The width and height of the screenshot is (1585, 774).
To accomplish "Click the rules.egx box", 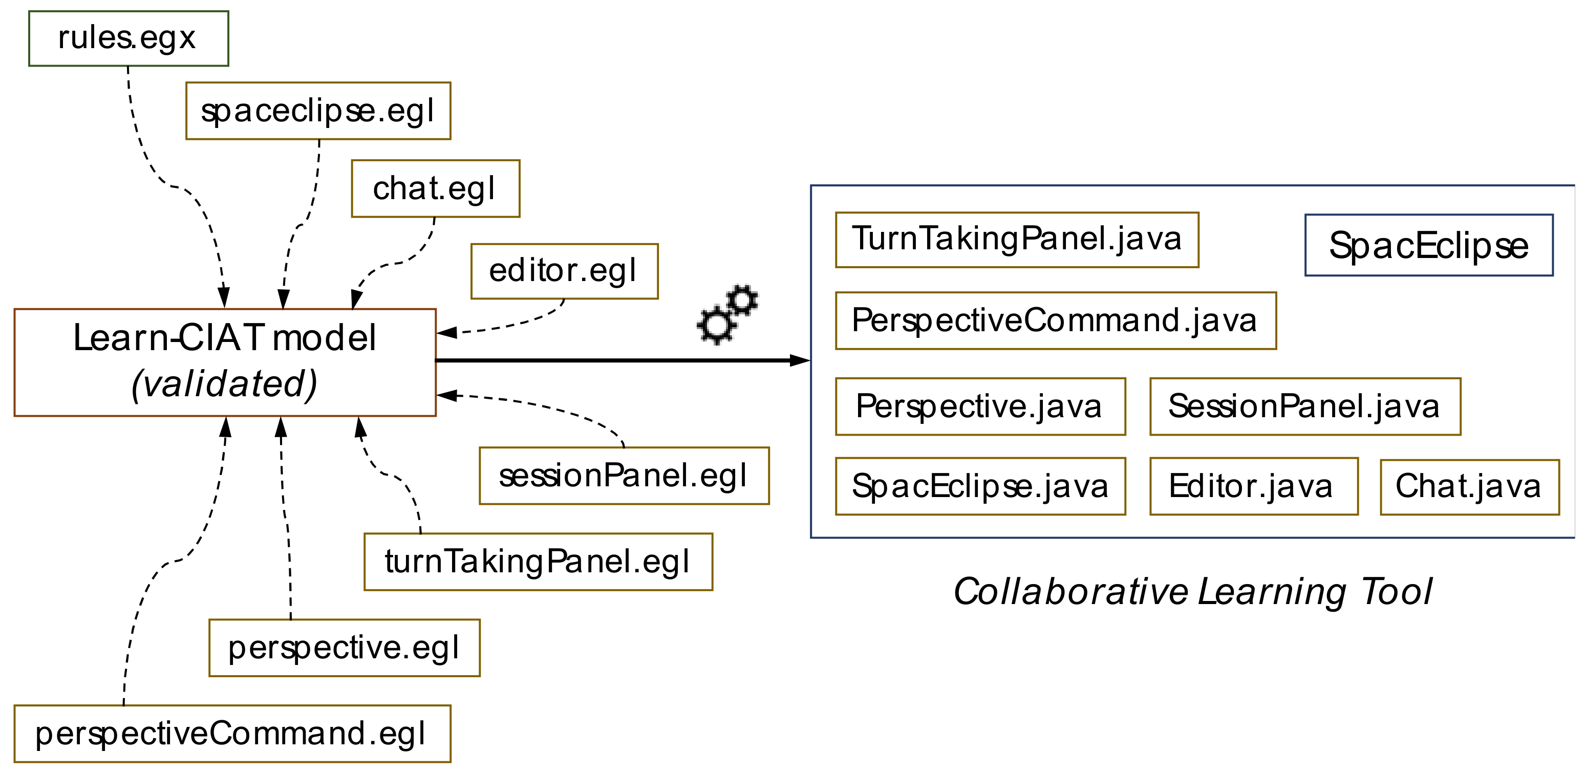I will pyautogui.click(x=128, y=38).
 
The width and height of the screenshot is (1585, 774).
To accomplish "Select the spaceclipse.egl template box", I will pyautogui.click(x=318, y=111).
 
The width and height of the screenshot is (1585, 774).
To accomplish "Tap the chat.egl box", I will pyautogui.click(x=435, y=188).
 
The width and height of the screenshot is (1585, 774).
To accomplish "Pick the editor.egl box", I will pyautogui.click(x=564, y=271).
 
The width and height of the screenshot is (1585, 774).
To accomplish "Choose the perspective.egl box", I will pyautogui.click(x=344, y=648).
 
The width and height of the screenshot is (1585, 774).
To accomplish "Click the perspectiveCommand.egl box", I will pyautogui.click(x=231, y=734).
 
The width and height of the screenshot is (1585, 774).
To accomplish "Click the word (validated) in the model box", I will pyautogui.click(x=225, y=384).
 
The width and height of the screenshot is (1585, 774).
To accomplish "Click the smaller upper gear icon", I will pyautogui.click(x=743, y=300).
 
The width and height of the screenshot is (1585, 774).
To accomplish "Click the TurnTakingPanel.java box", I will pyautogui.click(x=1016, y=240).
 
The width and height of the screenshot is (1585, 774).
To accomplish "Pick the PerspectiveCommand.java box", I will pyautogui.click(x=1055, y=320).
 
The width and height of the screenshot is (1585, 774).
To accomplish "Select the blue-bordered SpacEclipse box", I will pyautogui.click(x=1428, y=245).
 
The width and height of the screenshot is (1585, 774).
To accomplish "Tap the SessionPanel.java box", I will pyautogui.click(x=1304, y=406).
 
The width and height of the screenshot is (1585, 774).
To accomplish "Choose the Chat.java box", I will pyautogui.click(x=1469, y=486).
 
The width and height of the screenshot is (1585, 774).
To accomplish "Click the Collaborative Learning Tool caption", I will pyautogui.click(x=1192, y=592).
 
